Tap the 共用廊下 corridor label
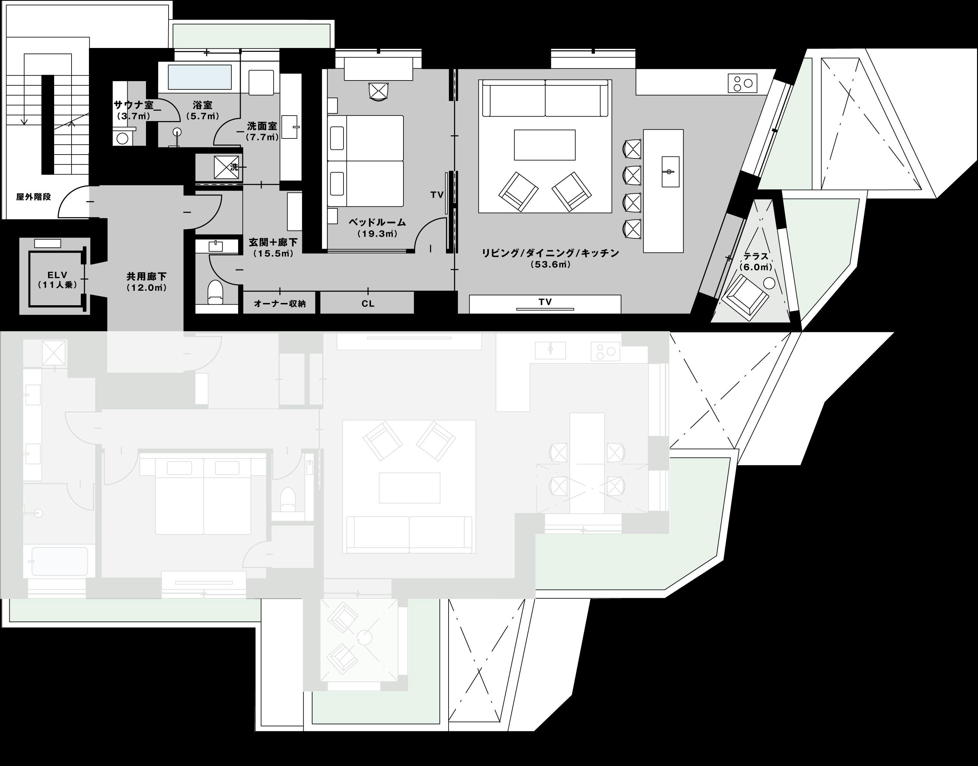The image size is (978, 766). pos(146,277)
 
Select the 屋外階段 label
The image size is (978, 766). pos(34,197)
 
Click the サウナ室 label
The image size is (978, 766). pos(134,105)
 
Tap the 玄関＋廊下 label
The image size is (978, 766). pos(273,243)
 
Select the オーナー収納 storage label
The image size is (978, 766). pos(280,304)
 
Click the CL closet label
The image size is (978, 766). pos(368,304)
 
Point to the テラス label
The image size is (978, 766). pos(756,257)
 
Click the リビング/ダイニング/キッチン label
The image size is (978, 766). pos(550,253)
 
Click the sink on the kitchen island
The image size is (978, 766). pos(670,172)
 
